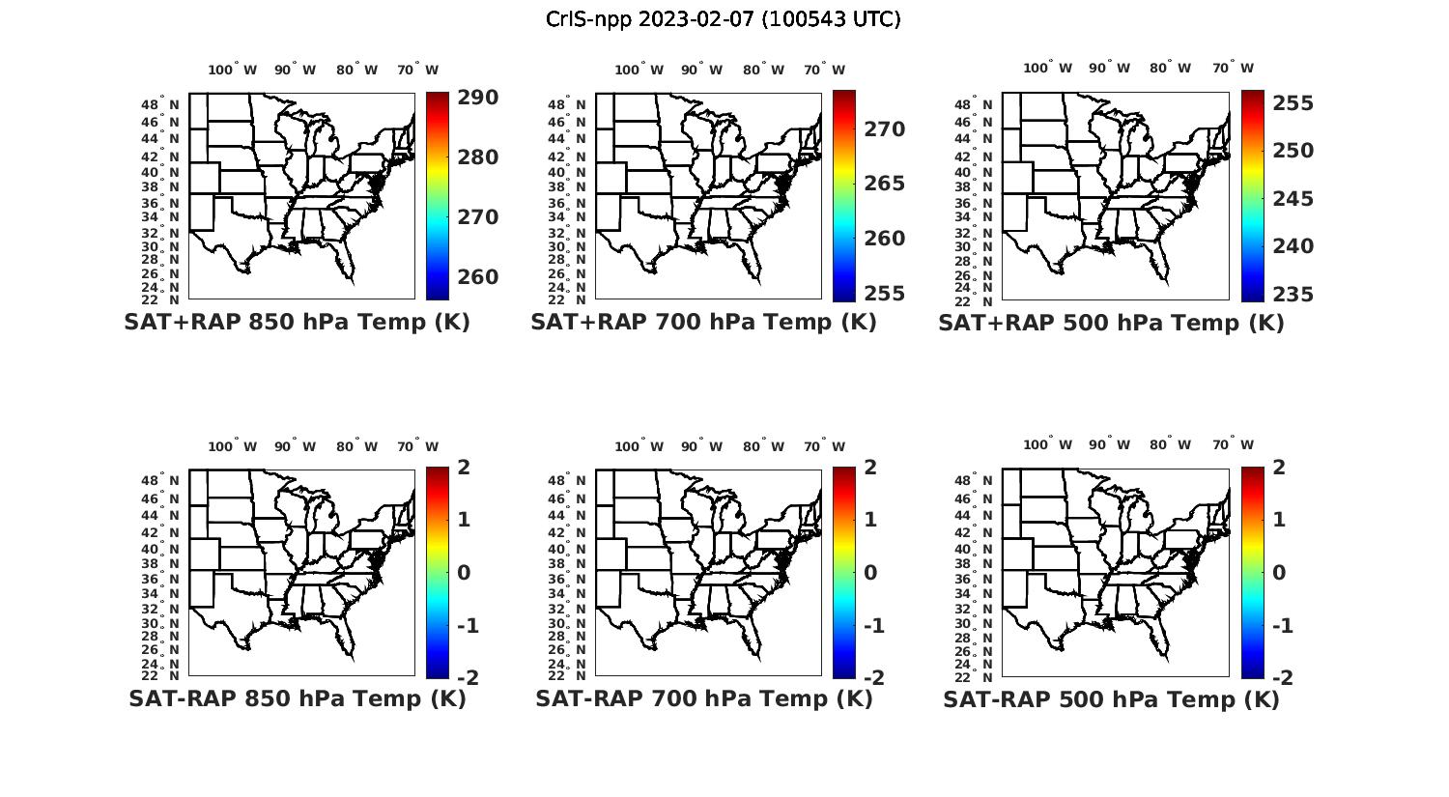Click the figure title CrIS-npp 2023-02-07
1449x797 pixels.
[x=723, y=19]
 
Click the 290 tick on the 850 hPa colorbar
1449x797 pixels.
[x=477, y=98]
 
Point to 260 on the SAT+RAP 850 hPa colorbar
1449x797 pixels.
[x=477, y=277]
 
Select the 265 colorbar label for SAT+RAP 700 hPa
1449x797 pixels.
[x=884, y=184]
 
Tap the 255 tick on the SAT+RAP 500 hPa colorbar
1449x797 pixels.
[x=1292, y=103]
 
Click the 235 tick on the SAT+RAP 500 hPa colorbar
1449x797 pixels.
[x=1292, y=295]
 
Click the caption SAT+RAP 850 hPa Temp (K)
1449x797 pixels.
[x=297, y=323]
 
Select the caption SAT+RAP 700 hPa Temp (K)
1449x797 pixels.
[x=703, y=323]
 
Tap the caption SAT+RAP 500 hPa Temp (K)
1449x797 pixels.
[x=1111, y=324]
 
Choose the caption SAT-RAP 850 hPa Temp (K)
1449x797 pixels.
[x=297, y=698]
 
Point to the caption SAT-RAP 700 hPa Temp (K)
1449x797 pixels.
[x=703, y=698]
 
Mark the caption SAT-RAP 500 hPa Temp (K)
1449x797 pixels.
[x=1111, y=699]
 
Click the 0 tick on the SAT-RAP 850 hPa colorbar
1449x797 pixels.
[x=463, y=573]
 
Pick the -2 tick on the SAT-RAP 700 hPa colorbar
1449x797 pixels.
[x=873, y=678]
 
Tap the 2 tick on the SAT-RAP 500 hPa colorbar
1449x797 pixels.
[x=1279, y=468]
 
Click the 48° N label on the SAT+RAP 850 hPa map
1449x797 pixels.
[x=161, y=104]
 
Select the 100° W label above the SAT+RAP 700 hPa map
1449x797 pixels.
[x=639, y=70]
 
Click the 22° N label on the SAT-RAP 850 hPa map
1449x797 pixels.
[x=161, y=675]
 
